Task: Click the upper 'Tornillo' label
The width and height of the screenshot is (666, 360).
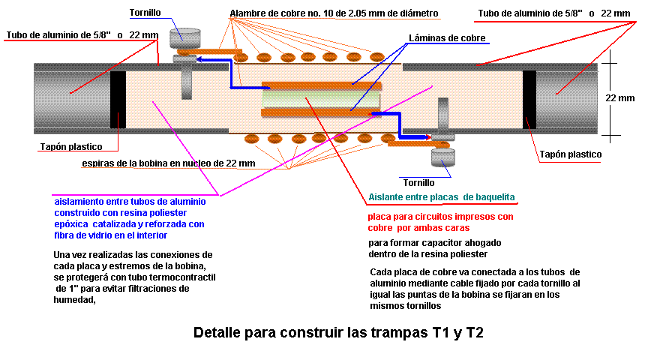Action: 144,13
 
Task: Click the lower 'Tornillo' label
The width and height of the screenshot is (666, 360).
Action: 418,182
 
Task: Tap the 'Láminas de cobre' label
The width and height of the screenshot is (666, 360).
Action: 447,38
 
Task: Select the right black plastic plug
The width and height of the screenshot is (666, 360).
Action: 529,98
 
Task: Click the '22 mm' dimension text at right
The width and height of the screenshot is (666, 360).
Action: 620,98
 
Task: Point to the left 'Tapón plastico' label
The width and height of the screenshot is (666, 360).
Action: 70,146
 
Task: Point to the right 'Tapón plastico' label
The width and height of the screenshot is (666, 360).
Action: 570,154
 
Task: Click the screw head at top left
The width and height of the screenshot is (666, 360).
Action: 185,36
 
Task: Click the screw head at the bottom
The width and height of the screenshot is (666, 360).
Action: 442,157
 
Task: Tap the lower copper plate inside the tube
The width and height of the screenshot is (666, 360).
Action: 319,112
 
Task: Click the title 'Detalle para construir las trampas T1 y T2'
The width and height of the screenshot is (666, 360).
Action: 338,332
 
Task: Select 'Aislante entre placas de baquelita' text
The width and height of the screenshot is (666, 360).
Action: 442,197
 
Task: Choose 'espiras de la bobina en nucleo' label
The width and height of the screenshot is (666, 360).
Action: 169,163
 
